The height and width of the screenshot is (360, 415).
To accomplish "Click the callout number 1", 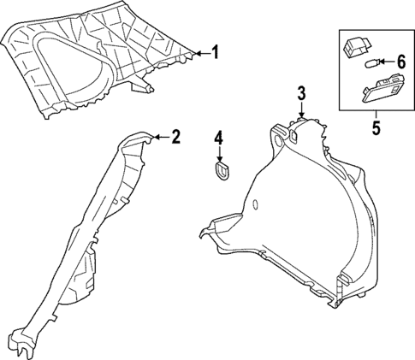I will coord(215,53).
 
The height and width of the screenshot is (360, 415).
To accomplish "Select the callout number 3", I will coord(301,93).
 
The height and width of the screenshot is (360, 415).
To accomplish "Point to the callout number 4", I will coord(218,137).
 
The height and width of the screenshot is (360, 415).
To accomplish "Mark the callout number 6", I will coord(400,62).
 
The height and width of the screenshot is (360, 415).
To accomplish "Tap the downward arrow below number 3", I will coord(301,113).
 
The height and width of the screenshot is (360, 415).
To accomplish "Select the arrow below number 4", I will coord(218,155).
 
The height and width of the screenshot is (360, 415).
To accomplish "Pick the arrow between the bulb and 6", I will coord(382,62).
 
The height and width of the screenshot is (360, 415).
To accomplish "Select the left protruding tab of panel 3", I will coord(208,231).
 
